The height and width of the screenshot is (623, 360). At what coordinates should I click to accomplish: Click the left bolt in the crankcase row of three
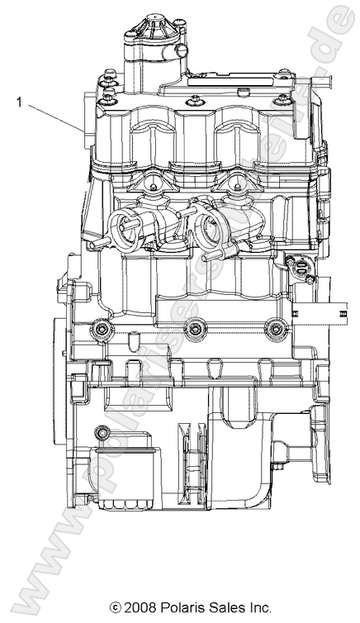coord(102,331)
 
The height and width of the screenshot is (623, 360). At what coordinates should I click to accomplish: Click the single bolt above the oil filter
coord(102,432)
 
